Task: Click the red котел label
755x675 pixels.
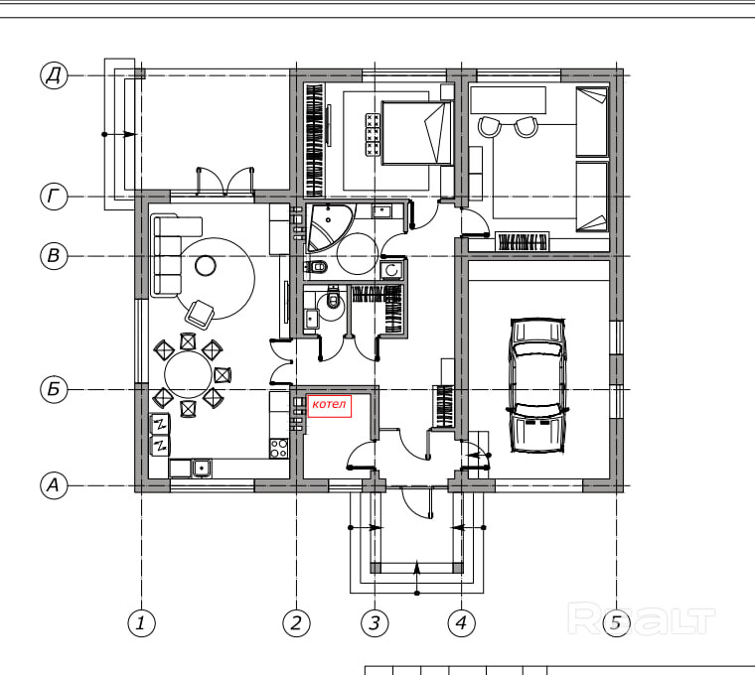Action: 330,406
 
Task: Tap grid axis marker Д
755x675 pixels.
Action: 54,75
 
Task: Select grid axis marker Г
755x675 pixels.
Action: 54,197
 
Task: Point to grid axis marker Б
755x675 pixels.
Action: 54,389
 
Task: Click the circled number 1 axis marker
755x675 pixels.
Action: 141,623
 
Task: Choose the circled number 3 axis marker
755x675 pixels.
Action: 375,623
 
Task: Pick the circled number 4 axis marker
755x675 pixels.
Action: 461,623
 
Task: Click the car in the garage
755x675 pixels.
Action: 536,385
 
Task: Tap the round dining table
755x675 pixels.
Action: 189,375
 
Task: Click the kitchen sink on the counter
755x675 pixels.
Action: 202,468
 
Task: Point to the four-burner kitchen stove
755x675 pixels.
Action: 279,448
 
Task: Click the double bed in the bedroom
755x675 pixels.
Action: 417,133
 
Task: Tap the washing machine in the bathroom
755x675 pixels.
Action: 392,270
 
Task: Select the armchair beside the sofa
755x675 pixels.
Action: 200,314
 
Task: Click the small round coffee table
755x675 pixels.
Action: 206,266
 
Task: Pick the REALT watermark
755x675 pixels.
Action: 642,619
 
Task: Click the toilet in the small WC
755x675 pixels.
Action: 333,298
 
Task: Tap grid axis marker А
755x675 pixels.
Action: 54,485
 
